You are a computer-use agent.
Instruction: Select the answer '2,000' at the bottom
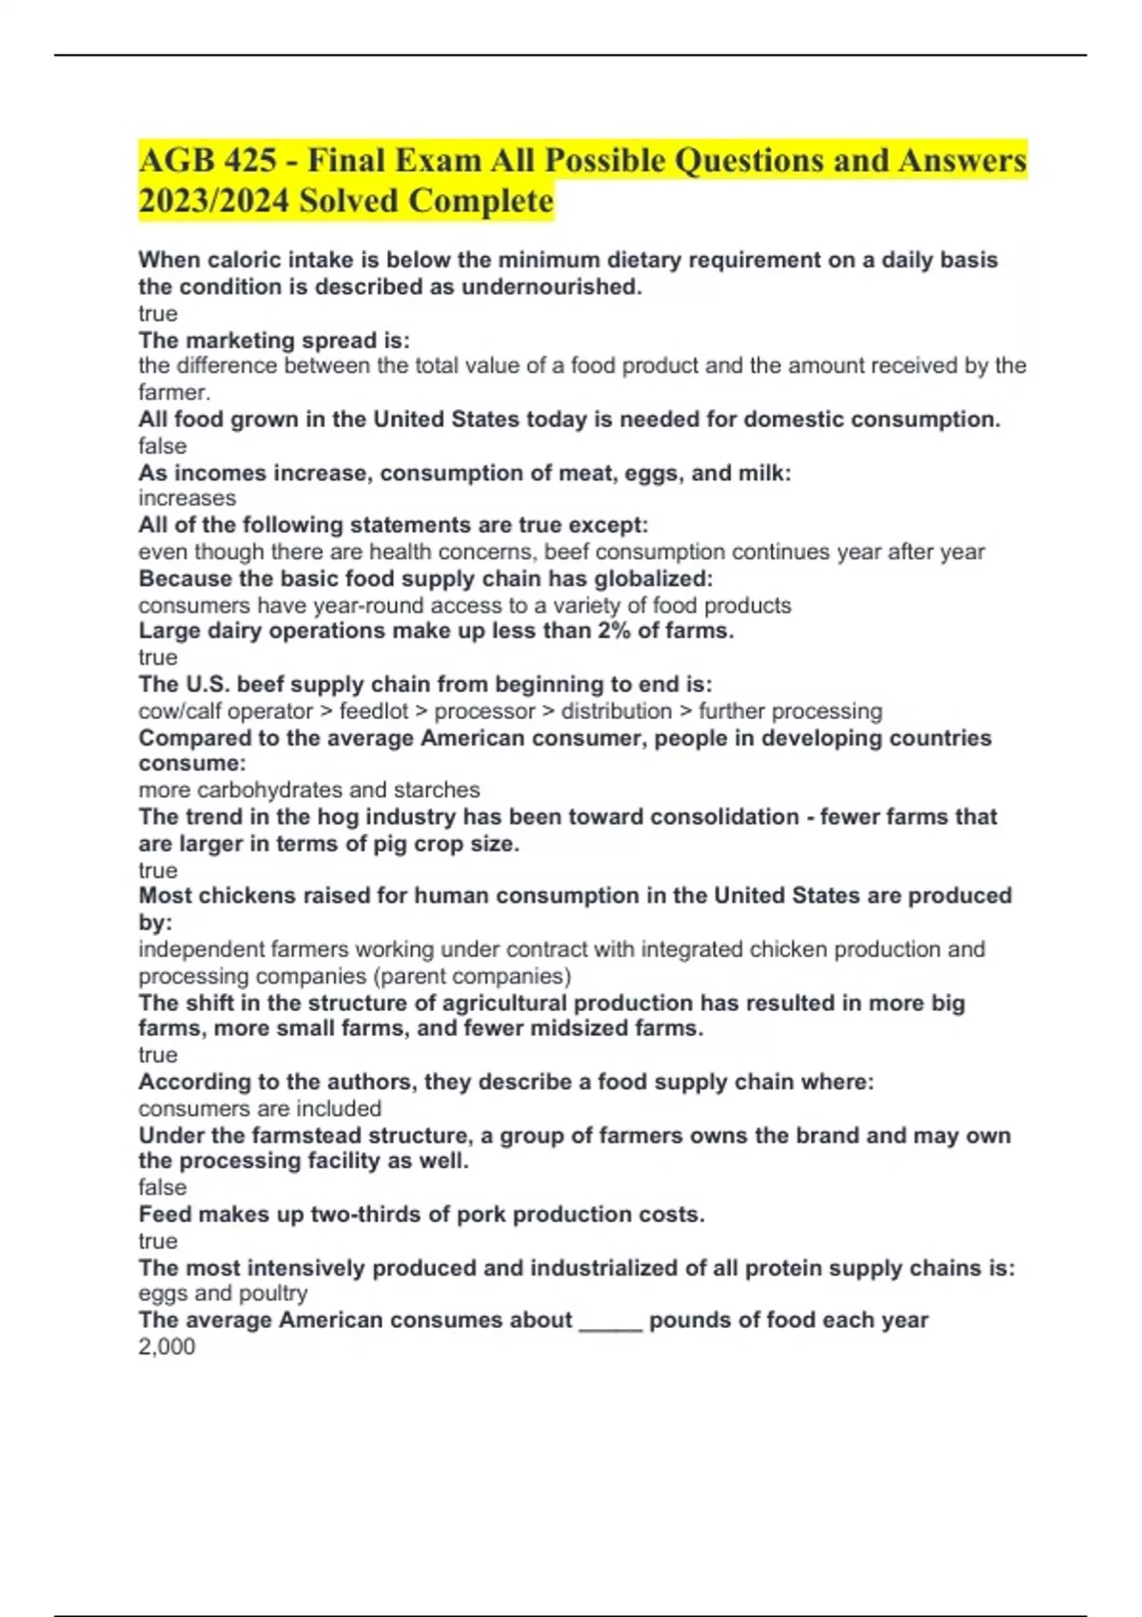click(x=167, y=1347)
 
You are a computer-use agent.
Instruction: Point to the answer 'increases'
click(x=187, y=498)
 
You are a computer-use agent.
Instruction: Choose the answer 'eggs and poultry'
click(x=223, y=1294)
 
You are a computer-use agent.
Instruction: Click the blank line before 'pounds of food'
click(x=610, y=1320)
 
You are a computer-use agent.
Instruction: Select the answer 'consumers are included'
click(x=260, y=1109)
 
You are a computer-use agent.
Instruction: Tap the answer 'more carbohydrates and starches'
click(x=308, y=790)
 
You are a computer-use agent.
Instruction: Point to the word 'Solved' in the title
click(x=350, y=202)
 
